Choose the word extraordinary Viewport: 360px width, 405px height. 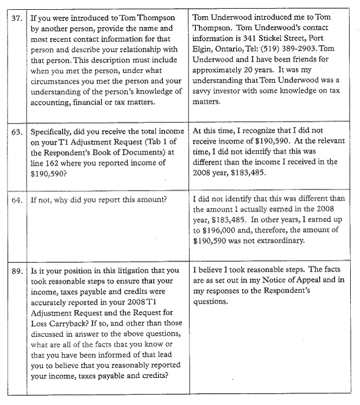[x=276, y=241]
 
